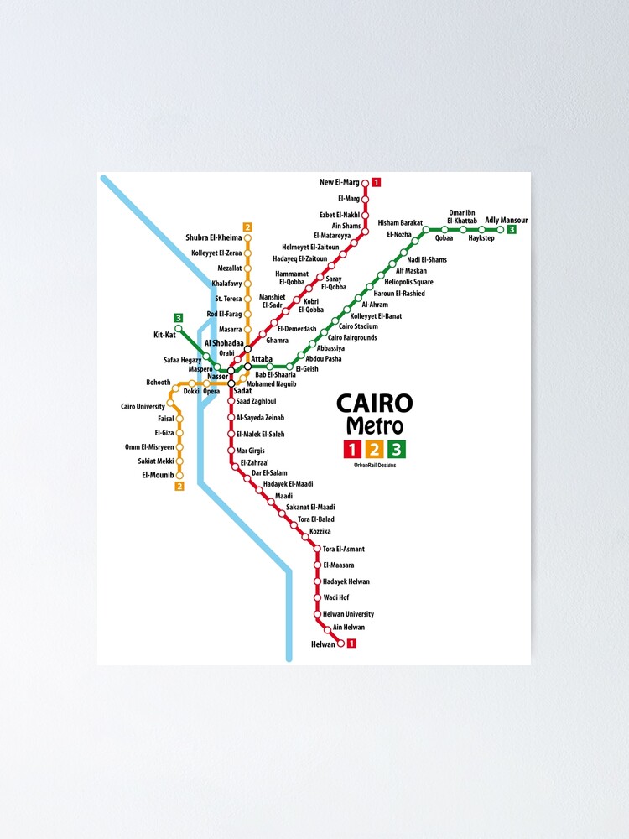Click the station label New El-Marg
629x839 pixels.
(340, 182)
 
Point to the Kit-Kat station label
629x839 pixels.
(164, 335)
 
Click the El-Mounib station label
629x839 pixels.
(156, 475)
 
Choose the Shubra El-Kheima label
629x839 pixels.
(213, 238)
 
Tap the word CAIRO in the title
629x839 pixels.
(374, 404)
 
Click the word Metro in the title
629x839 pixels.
(374, 426)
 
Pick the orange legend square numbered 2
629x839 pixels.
(374, 450)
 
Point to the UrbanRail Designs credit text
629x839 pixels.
(375, 466)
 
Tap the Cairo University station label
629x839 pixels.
(143, 407)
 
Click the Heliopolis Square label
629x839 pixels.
(409, 282)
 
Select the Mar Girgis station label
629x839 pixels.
(251, 451)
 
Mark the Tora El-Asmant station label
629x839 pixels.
(343, 549)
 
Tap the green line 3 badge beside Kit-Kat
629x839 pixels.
(178, 318)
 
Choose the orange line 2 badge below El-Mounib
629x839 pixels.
(179, 487)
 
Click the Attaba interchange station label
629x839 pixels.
(261, 358)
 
